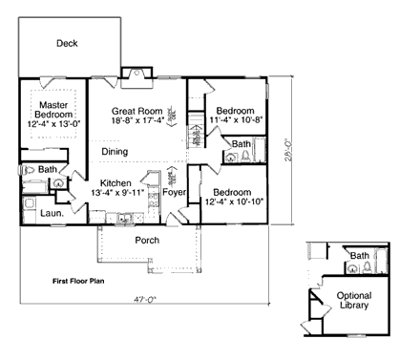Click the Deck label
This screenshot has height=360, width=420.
pos(67,43)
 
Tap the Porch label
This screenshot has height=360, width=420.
pos(147,240)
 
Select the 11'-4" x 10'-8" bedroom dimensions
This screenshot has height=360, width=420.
pos(233,122)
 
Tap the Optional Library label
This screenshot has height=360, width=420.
pos(354,303)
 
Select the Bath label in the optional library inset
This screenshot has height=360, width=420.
pos(360,256)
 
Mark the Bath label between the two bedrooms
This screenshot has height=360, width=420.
pos(242,144)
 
